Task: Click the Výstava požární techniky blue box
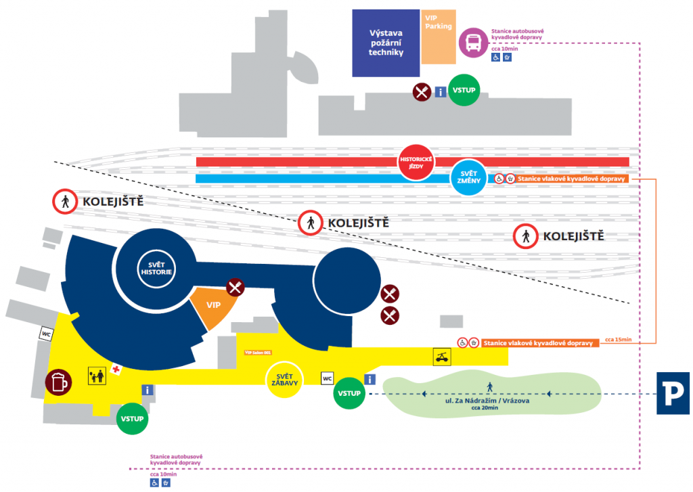coord(385,43)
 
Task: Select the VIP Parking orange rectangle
coord(438,37)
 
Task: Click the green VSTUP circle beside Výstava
coord(464,91)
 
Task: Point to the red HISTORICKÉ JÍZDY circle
coord(415,162)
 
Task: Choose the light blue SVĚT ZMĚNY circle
coord(469,178)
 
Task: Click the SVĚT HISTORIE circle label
coord(157,267)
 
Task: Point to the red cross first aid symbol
coord(116,370)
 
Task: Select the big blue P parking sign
coord(673,393)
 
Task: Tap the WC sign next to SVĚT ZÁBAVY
coord(328,378)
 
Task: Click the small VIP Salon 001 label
coord(257,352)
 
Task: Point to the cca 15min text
coord(618,339)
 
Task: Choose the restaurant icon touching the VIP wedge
coord(235,288)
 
